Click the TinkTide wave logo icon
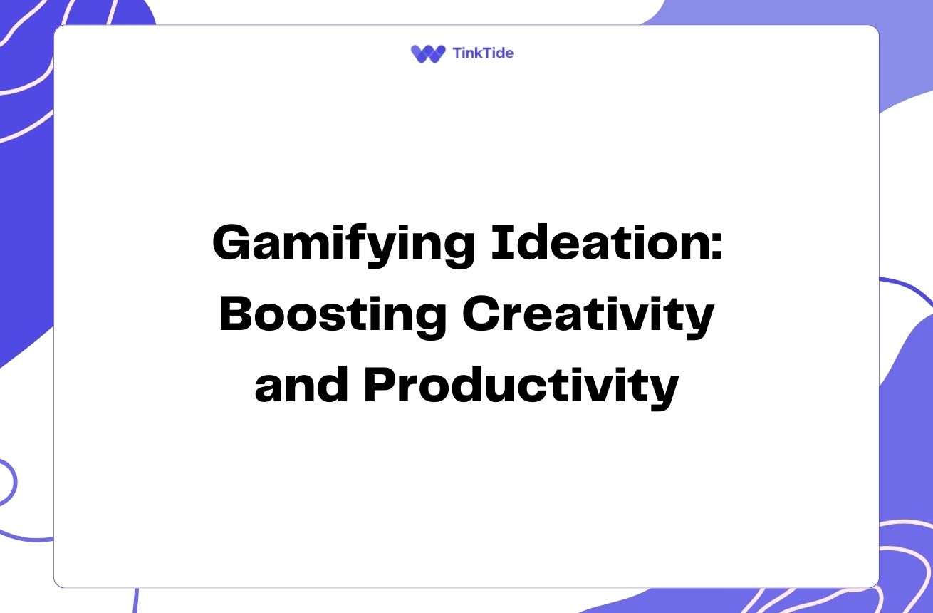tap(428, 53)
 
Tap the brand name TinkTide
tap(483, 53)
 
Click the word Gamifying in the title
tap(343, 244)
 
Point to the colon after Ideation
tap(716, 247)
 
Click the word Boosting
tap(333, 316)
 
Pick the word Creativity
tap(588, 316)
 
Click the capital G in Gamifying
tap(231, 242)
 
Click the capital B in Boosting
tap(236, 314)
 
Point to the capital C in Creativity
tap(481, 314)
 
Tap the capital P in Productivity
tap(381, 384)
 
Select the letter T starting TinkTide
tap(459, 53)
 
